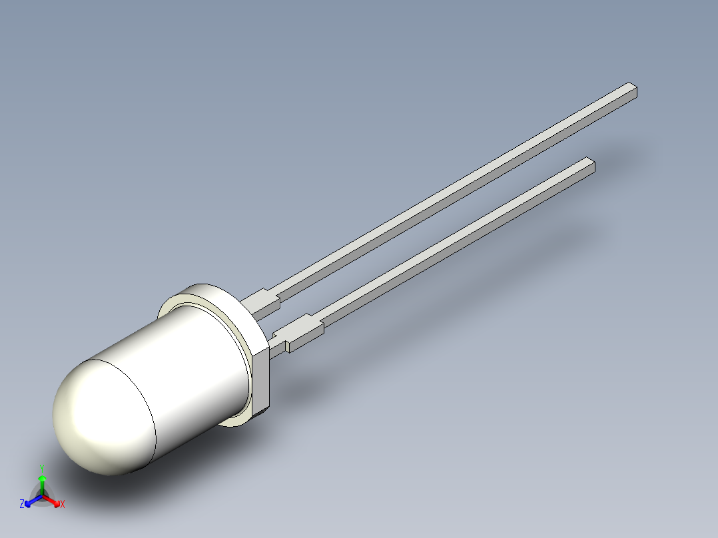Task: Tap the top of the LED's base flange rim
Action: pos(206,290)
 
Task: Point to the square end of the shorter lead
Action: pos(589,164)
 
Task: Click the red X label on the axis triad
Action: pos(63,505)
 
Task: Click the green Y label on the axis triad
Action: pos(42,467)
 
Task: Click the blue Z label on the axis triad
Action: pos(22,504)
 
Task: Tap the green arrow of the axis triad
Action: pos(42,483)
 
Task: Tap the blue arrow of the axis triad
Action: pos(31,500)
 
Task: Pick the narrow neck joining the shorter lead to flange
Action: pos(278,345)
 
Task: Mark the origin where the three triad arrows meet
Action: pos(42,496)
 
